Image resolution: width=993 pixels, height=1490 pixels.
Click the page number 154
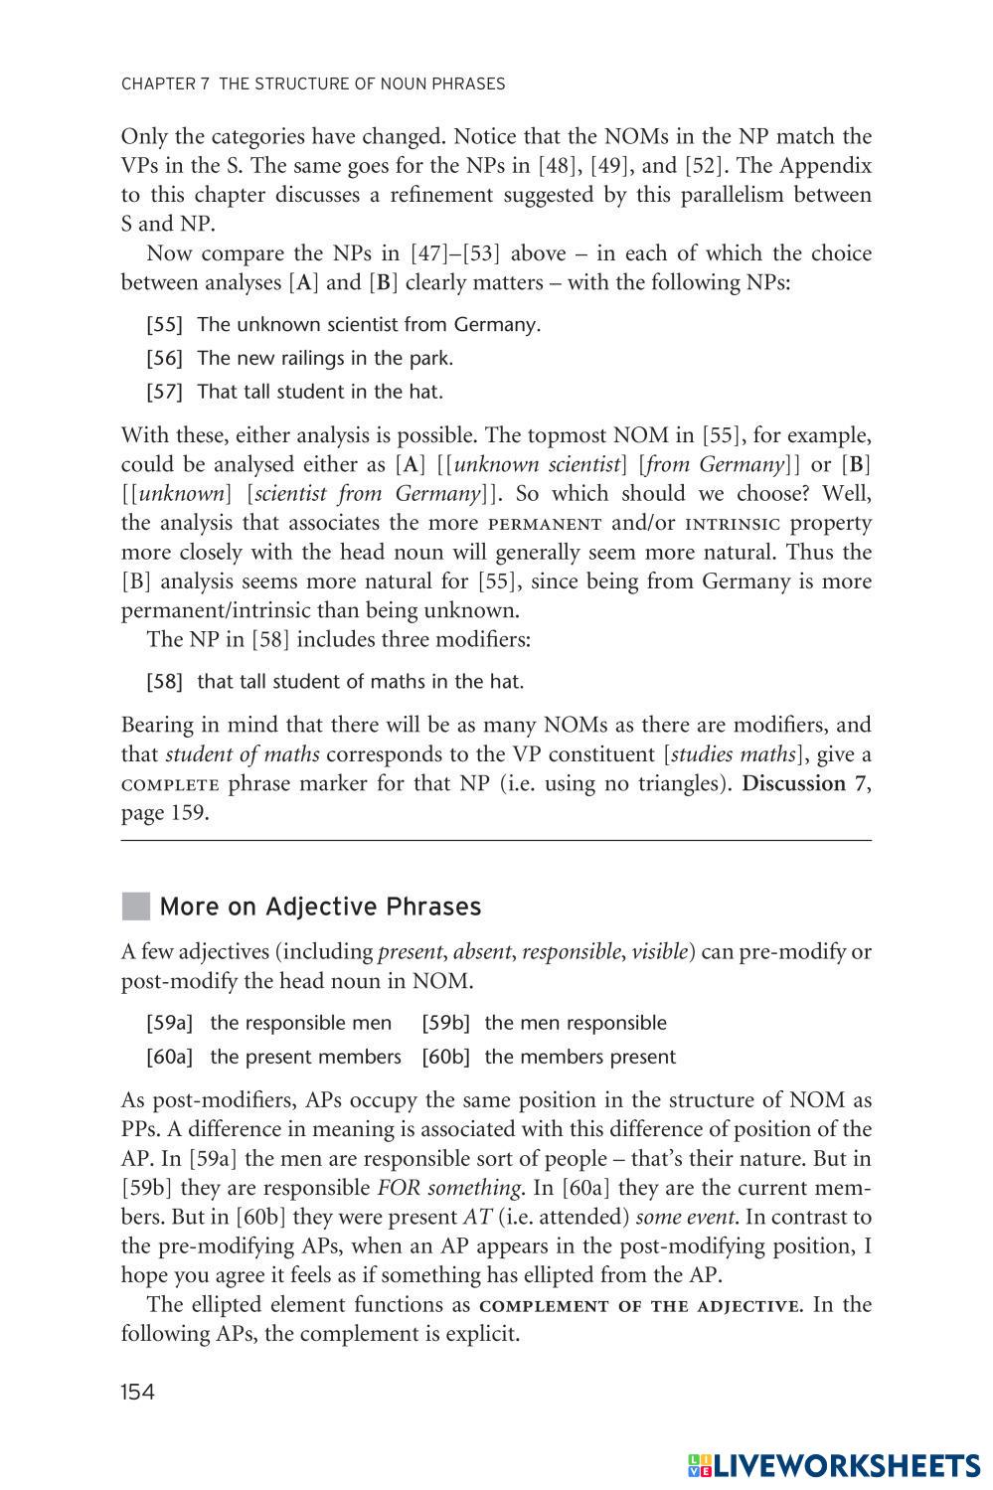[138, 1392]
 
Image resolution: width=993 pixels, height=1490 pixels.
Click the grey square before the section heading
[135, 907]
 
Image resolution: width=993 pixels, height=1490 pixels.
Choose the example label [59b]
[445, 1023]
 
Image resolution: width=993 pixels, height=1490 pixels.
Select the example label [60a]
[169, 1057]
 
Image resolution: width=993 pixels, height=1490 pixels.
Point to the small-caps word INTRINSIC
[733, 524]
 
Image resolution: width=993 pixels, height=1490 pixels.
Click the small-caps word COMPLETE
[169, 784]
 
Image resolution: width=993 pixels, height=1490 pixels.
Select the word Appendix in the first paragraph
[825, 165]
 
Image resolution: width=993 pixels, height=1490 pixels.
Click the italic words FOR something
[449, 1188]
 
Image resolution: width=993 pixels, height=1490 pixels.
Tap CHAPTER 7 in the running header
[165, 84]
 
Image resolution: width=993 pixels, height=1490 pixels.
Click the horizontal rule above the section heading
[496, 842]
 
